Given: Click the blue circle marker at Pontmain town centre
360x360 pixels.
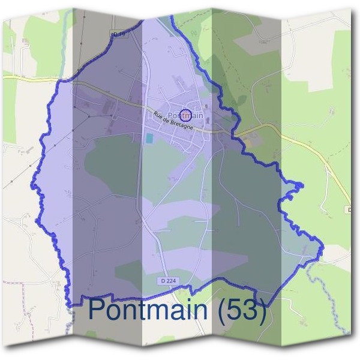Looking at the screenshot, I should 186,114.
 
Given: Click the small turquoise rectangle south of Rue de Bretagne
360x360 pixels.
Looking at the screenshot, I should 149,138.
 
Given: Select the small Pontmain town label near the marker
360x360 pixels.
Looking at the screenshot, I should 186,114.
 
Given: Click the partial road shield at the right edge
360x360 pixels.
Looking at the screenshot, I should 350,209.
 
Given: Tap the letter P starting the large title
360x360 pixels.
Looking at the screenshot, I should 98,310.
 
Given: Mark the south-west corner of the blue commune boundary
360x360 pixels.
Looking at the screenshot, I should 67,305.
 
